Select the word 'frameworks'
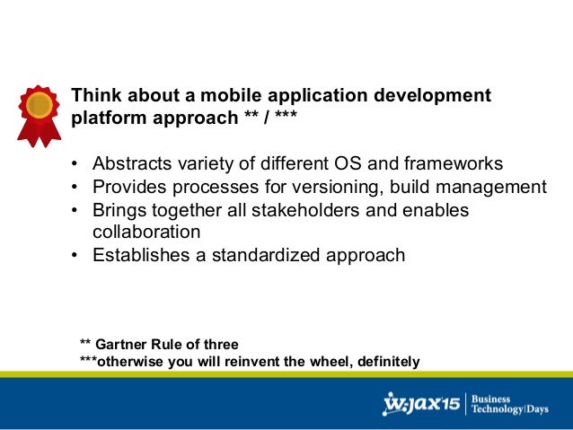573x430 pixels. (x=452, y=164)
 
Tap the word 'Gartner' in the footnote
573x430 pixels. (x=124, y=345)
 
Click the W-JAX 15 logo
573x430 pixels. (x=421, y=404)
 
